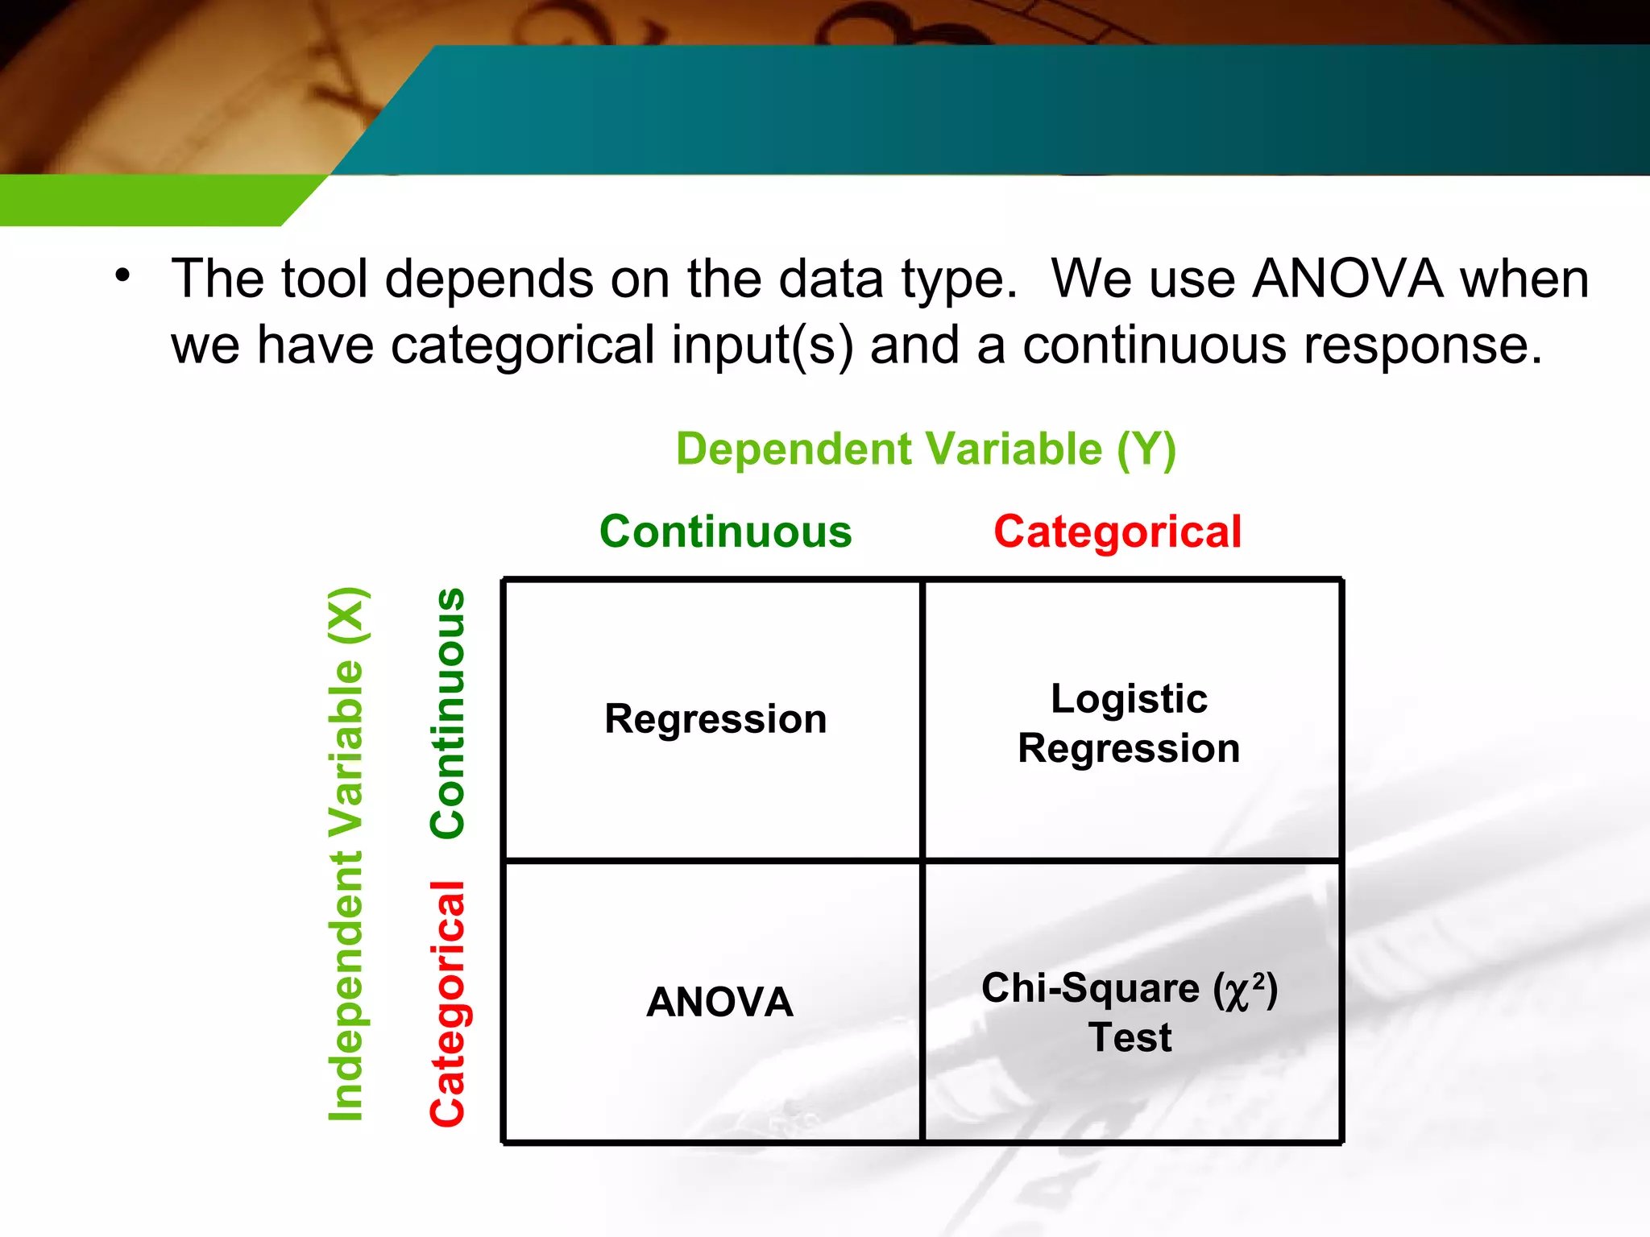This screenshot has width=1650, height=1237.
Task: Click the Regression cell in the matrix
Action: [715, 719]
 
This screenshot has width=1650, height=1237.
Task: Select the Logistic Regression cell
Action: [1129, 723]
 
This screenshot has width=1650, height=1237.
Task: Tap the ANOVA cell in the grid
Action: [719, 1002]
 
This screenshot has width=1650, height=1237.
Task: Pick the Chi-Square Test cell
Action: [1129, 1012]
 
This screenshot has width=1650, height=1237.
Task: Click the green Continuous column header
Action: [725, 532]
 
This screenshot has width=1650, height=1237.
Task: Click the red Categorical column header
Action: [1117, 532]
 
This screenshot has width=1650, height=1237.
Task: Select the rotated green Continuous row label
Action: [448, 714]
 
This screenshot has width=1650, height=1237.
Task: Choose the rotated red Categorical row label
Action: [448, 1003]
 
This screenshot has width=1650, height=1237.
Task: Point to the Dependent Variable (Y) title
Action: [926, 449]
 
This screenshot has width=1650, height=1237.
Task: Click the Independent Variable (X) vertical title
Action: [347, 854]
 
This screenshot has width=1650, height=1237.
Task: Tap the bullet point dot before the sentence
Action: [122, 276]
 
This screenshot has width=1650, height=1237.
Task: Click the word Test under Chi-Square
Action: [1130, 1037]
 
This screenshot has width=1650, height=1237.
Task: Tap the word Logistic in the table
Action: [1129, 698]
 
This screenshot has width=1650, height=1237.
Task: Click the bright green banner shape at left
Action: [145, 200]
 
